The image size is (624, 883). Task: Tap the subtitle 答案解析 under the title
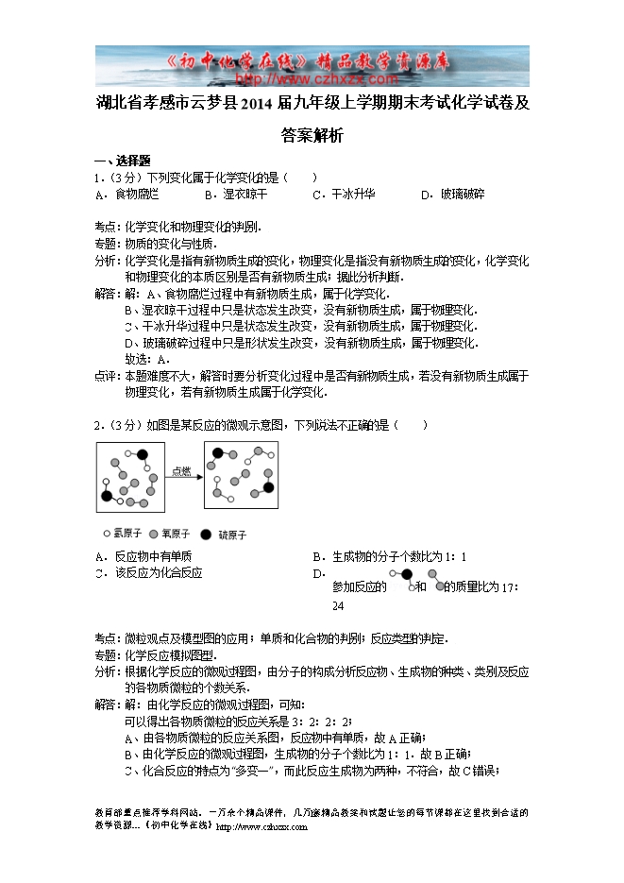(312, 136)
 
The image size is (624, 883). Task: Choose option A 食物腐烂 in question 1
(136, 194)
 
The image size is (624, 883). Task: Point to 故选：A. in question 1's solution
(147, 359)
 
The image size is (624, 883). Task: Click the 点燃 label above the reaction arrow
(182, 470)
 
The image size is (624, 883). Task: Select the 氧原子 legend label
(176, 534)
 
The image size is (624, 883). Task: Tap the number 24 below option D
(338, 606)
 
